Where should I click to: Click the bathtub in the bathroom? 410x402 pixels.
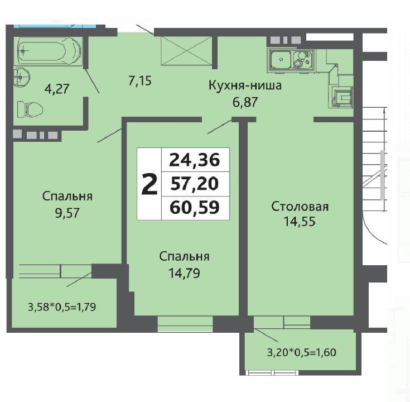pos(49,51)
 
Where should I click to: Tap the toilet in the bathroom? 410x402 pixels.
pos(30,109)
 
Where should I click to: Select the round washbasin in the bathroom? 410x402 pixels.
pos(22,76)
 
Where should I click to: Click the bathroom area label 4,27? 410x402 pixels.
pos(57,89)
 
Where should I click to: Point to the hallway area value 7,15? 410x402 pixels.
pos(140,80)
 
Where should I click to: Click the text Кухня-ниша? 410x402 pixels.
pos(245,85)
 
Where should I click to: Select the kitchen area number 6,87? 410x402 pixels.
pos(245,102)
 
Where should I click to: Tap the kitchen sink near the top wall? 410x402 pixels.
pos(291,60)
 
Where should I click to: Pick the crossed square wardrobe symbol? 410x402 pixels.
pos(186,50)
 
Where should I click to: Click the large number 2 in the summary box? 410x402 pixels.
pos(149,184)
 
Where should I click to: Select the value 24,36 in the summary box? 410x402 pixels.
pos(195,160)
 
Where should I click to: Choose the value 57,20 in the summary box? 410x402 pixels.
pos(194,184)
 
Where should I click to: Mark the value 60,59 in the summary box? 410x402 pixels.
pos(195,208)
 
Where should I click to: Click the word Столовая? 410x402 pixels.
pos(300,207)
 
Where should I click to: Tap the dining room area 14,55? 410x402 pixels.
pos(300,222)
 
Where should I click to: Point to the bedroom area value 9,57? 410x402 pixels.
pos(67,213)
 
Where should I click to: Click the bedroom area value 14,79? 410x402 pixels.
pos(184,273)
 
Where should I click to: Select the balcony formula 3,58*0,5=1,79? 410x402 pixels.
pos(62,307)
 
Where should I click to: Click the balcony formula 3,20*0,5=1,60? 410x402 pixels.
pos(301,352)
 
